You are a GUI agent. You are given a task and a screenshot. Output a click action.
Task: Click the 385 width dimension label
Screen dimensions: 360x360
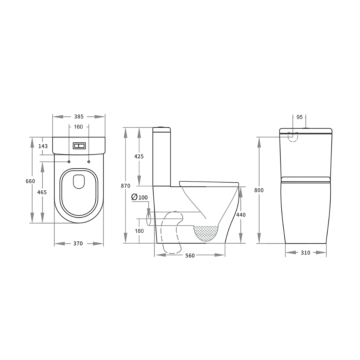click(79, 117)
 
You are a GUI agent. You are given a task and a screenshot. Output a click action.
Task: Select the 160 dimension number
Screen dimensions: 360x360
click(78, 127)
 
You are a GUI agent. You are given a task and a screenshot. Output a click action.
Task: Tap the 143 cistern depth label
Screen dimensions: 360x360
click(43, 146)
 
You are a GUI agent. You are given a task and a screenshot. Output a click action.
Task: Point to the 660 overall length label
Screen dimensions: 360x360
click(30, 181)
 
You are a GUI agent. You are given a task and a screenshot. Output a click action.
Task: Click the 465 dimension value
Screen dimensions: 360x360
click(42, 192)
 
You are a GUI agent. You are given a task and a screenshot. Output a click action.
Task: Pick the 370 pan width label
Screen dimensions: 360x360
click(78, 244)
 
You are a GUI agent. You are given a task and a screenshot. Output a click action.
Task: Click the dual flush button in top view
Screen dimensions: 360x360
click(79, 146)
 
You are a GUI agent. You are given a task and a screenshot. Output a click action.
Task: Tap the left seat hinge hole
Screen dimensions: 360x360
click(69, 162)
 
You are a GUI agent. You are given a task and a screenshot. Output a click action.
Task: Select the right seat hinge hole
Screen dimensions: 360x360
click(89, 162)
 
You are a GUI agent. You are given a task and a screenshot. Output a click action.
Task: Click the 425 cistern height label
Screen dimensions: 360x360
click(139, 156)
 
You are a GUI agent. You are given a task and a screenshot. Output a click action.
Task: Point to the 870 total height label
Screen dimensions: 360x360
click(126, 186)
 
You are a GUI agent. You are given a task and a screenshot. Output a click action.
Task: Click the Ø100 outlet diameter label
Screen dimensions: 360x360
click(140, 197)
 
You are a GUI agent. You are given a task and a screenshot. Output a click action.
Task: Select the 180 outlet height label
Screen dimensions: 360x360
click(139, 231)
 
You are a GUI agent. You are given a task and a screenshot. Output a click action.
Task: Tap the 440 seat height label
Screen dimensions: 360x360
click(241, 215)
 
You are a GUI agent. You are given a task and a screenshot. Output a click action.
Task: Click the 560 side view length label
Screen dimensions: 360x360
click(190, 256)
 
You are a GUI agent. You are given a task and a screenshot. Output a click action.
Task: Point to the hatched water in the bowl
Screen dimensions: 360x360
click(206, 233)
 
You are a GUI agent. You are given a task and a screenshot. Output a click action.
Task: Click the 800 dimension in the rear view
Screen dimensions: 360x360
click(259, 190)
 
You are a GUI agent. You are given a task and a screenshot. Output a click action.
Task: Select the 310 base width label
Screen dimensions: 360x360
click(305, 253)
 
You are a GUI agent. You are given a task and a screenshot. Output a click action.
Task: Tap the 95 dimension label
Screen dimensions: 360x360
click(299, 117)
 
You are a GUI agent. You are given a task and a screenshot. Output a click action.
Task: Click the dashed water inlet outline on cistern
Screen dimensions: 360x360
click(293, 137)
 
